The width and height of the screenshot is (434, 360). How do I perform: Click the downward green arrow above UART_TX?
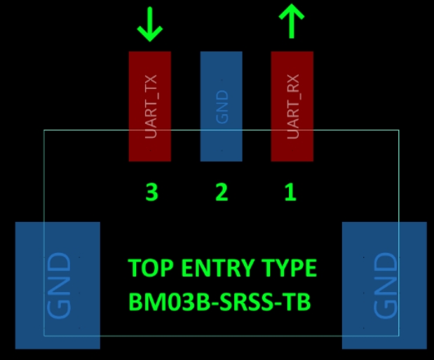pyautogui.click(x=150, y=25)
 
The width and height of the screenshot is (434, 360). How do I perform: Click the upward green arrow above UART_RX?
pyautogui.click(x=292, y=21)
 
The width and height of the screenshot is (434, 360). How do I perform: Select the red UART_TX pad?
pyautogui.click(x=150, y=106)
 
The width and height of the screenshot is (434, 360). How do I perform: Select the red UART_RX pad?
pyautogui.click(x=292, y=106)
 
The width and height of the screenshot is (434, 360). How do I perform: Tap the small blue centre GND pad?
pyautogui.click(x=221, y=106)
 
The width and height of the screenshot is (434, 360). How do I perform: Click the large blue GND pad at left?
pyautogui.click(x=57, y=285)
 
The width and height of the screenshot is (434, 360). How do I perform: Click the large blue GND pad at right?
pyautogui.click(x=384, y=285)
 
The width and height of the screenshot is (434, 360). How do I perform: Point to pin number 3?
pyautogui.click(x=151, y=192)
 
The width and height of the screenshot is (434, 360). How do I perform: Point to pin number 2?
pyautogui.click(x=222, y=192)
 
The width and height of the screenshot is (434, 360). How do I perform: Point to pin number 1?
pyautogui.click(x=291, y=192)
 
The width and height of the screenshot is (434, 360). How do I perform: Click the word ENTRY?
pyautogui.click(x=217, y=268)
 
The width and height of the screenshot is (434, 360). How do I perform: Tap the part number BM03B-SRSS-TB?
pyautogui.click(x=219, y=302)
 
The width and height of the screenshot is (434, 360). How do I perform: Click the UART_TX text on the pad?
pyautogui.click(x=151, y=106)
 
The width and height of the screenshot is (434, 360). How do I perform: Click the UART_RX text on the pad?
pyautogui.click(x=293, y=106)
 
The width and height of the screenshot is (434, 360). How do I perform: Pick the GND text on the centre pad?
pyautogui.click(x=222, y=106)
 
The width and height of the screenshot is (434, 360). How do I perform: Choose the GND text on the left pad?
pyautogui.click(x=59, y=286)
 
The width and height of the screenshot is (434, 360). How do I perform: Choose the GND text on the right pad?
pyautogui.click(x=386, y=286)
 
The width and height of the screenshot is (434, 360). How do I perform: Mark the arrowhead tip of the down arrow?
pyautogui.click(x=150, y=41)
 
